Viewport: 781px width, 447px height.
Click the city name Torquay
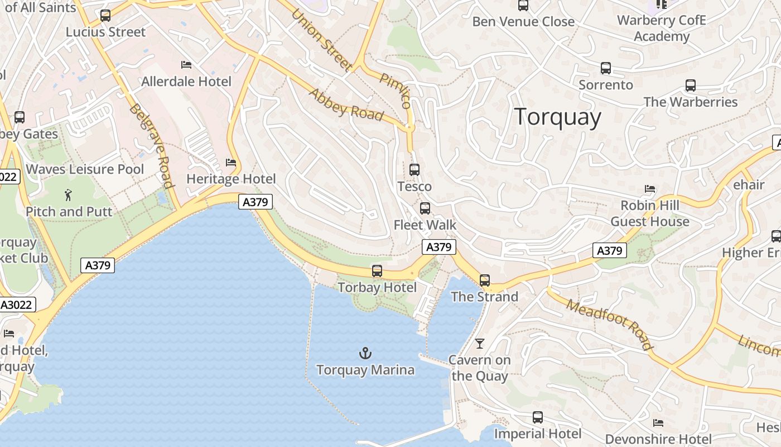pyautogui.click(x=557, y=117)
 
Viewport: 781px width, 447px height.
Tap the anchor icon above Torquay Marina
pyautogui.click(x=365, y=353)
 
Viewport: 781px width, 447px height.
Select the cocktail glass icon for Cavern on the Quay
pyautogui.click(x=480, y=343)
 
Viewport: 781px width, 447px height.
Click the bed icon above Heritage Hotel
pyautogui.click(x=231, y=163)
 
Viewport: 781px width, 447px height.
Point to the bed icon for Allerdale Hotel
pyautogui.click(x=186, y=65)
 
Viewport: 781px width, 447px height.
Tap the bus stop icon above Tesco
pyautogui.click(x=414, y=170)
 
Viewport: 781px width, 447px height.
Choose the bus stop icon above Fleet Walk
pyautogui.click(x=425, y=208)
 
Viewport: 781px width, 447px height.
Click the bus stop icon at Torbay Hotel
pyautogui.click(x=377, y=271)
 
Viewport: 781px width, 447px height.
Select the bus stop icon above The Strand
pyautogui.click(x=485, y=280)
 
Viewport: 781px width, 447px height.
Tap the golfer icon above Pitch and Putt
pyautogui.click(x=69, y=195)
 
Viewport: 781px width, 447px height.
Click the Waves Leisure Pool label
pyautogui.click(x=85, y=169)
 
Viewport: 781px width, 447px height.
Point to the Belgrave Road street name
pyautogui.click(x=151, y=145)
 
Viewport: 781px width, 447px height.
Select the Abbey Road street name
pyautogui.click(x=346, y=104)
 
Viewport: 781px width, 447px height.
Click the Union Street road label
pyautogui.click(x=322, y=40)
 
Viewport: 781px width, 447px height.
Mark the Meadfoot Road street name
pyautogui.click(x=610, y=324)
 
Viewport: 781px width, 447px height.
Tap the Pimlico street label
pyautogui.click(x=396, y=90)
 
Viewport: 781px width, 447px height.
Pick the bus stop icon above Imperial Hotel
pyautogui.click(x=538, y=417)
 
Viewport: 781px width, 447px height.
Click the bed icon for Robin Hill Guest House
pyautogui.click(x=650, y=189)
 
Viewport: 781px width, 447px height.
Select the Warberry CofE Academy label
pyautogui.click(x=662, y=28)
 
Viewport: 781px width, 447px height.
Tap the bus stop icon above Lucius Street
pyautogui.click(x=105, y=16)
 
